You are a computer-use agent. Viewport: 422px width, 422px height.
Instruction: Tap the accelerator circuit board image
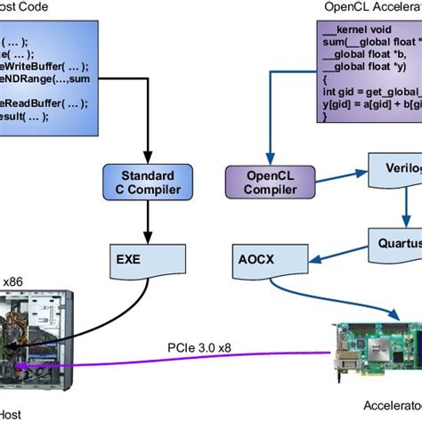click(x=374, y=355)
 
